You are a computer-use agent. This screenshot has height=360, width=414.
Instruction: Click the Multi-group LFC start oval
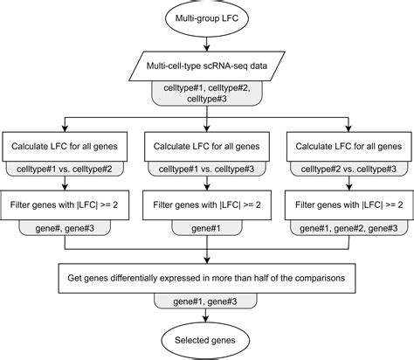point(206,19)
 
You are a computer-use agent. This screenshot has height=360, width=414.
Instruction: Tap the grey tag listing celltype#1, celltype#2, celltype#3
point(206,93)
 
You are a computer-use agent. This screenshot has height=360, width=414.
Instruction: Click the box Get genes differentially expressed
point(206,277)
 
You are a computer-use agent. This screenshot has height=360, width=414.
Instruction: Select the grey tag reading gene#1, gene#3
point(206,300)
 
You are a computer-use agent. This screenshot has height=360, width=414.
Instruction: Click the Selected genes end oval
point(206,339)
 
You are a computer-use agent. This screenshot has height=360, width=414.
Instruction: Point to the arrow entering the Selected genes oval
point(206,315)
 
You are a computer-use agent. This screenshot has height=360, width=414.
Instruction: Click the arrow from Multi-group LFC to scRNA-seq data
point(206,44)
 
